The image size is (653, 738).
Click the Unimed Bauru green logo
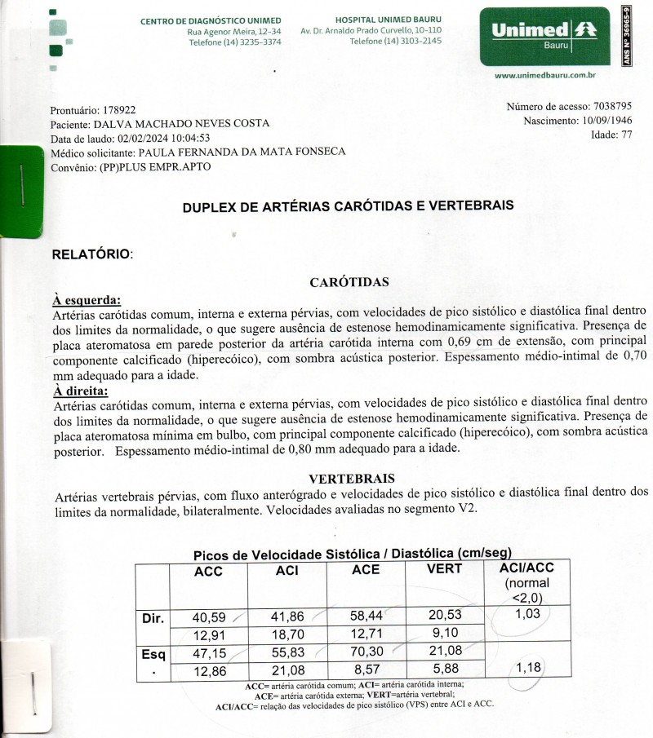click(544, 36)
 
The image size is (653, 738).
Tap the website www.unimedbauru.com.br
click(544, 76)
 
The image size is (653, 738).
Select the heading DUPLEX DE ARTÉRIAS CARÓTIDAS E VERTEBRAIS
click(349, 206)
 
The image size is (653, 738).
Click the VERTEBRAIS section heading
click(353, 478)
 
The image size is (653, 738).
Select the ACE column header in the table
click(366, 570)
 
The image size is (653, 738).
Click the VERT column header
click(445, 569)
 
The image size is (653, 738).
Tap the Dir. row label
click(153, 618)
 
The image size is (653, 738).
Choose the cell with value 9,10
click(444, 633)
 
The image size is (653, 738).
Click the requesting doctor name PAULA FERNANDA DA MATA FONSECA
click(242, 152)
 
